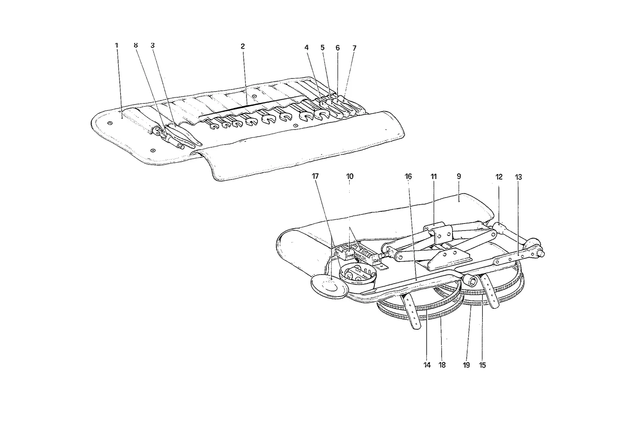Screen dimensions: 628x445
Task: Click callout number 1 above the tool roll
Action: (117, 45)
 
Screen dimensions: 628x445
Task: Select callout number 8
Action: (136, 45)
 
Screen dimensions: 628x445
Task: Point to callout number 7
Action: (354, 48)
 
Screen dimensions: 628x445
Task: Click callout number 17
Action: (315, 176)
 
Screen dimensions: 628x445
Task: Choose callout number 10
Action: (350, 176)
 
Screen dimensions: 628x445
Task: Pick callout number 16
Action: (408, 176)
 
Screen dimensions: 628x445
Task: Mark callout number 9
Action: (459, 176)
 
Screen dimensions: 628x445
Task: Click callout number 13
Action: (518, 177)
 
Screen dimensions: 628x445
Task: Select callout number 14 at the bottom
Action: (427, 365)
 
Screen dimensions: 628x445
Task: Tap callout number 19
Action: (466, 365)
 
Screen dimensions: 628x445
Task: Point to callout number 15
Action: (482, 365)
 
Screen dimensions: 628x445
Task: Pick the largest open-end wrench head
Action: (321, 114)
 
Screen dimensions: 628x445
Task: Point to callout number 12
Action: (499, 177)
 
